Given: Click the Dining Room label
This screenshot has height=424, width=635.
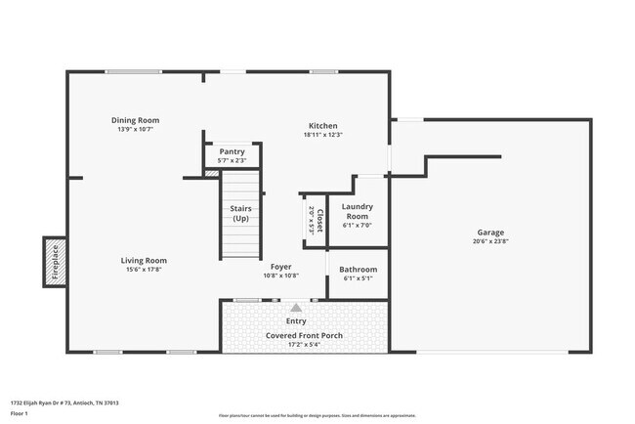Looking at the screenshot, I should pyautogui.click(x=136, y=119).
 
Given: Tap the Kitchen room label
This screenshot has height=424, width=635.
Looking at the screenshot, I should pyautogui.click(x=323, y=126).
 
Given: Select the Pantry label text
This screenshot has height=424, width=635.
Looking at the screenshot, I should pyautogui.click(x=232, y=151).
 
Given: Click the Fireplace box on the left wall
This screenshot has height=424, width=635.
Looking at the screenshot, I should pyautogui.click(x=54, y=262).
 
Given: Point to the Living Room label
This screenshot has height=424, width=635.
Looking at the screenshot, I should pyautogui.click(x=144, y=261).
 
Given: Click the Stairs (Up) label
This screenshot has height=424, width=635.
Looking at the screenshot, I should pyautogui.click(x=240, y=213).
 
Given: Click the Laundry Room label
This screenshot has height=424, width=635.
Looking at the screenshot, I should pyautogui.click(x=357, y=211).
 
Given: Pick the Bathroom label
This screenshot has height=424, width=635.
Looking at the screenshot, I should pyautogui.click(x=358, y=270).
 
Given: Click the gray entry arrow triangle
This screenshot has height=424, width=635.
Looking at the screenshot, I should pyautogui.click(x=295, y=307).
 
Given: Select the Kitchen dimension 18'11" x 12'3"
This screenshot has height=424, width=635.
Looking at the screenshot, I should pyautogui.click(x=323, y=135).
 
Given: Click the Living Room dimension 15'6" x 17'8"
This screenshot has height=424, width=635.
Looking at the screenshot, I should pyautogui.click(x=144, y=270).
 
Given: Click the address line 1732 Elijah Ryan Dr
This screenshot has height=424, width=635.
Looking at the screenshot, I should pyautogui.click(x=63, y=402).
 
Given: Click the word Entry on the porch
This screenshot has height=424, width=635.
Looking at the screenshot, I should pyautogui.click(x=295, y=320).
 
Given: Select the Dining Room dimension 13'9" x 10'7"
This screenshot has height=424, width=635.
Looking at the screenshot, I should pyautogui.click(x=136, y=128).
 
